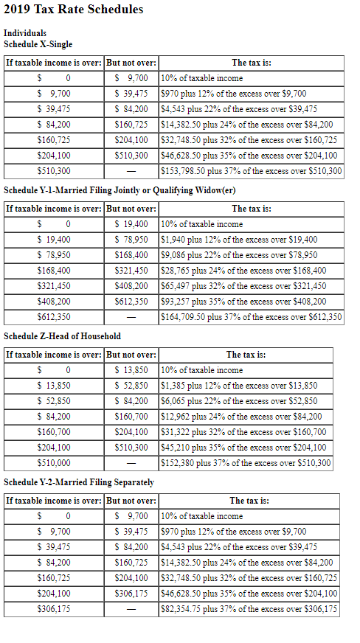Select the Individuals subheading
pyautogui.click(x=24, y=33)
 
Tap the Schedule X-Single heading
pyautogui.click(x=38, y=44)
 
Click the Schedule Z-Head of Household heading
pyautogui.click(x=62, y=336)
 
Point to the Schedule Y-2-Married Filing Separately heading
pyautogui.click(x=79, y=482)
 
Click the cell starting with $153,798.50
pyautogui.click(x=251, y=171)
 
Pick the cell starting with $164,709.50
pyautogui.click(x=251, y=317)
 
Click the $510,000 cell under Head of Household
pyautogui.click(x=54, y=463)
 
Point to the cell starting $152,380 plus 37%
pyautogui.click(x=246, y=463)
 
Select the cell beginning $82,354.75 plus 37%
pyautogui.click(x=249, y=609)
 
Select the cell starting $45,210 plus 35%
pyautogui.click(x=243, y=448)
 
